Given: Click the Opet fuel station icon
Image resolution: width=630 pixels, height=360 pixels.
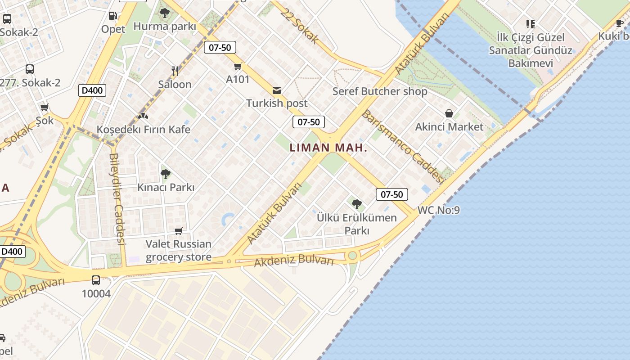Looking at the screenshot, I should click(113, 16).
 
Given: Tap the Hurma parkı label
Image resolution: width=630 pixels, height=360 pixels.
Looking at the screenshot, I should click(165, 27).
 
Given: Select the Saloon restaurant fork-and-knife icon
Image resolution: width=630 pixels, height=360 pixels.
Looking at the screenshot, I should click(175, 71).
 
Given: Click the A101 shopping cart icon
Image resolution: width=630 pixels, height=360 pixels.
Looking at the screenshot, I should click(238, 67).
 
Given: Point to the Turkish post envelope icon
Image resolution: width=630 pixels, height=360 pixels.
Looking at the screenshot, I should click(277, 90).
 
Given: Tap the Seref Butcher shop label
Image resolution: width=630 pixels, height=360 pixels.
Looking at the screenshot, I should click(380, 91).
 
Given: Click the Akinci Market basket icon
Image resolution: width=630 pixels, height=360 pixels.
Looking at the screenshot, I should click(449, 113).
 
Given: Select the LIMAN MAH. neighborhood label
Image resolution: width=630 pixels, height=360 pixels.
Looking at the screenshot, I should click(328, 148).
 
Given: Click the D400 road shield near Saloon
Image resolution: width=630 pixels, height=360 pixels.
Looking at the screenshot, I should click(92, 90).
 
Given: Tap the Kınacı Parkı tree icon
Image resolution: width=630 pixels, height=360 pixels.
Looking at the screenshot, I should click(165, 174).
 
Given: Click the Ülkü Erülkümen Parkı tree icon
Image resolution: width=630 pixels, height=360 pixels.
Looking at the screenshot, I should click(357, 205).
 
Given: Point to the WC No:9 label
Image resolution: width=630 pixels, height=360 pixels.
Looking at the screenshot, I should click(439, 210).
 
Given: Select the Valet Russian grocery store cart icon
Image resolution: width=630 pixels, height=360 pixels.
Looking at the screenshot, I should click(179, 231).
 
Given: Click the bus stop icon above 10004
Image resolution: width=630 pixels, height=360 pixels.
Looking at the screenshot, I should click(96, 280).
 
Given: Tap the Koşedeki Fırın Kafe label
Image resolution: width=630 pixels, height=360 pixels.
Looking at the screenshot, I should click(144, 130).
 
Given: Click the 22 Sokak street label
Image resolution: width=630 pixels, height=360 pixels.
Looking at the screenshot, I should click(299, 26).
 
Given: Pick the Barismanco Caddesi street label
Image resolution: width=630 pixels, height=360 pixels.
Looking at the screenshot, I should click(403, 147).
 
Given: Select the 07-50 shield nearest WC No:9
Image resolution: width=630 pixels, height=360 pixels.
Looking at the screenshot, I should click(392, 194).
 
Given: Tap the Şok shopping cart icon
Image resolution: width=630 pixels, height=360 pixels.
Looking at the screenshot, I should click(45, 107).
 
